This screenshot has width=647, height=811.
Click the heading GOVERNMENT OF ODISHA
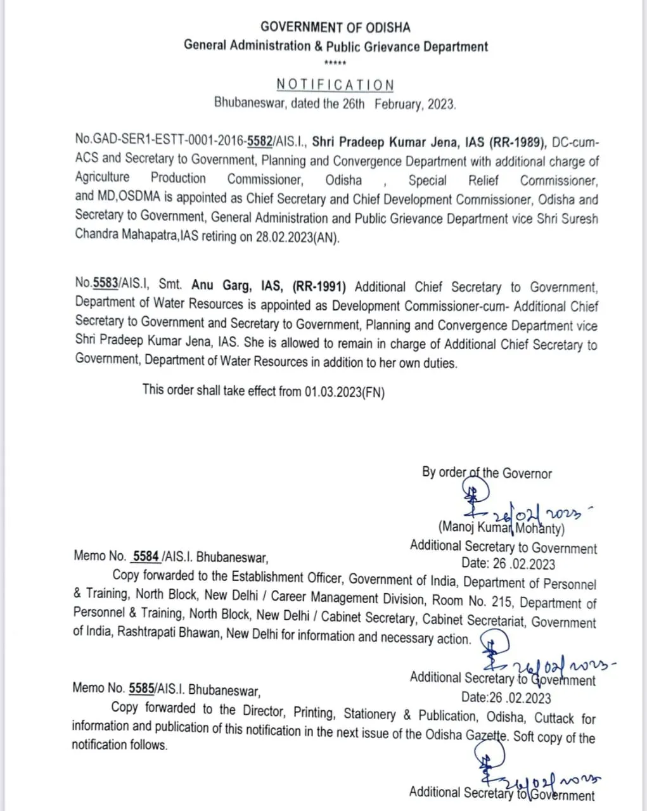[x=335, y=27]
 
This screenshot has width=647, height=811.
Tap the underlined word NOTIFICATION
[x=335, y=85]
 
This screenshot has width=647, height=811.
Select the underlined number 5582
[x=260, y=142]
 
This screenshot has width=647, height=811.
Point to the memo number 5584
[x=146, y=556]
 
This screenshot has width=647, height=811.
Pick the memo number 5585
[x=141, y=688]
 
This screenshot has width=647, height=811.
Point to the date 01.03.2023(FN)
[x=344, y=391]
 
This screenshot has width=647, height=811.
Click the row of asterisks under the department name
[x=335, y=63]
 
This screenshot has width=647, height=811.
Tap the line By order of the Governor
[x=487, y=473]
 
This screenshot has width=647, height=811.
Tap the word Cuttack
[x=554, y=718]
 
